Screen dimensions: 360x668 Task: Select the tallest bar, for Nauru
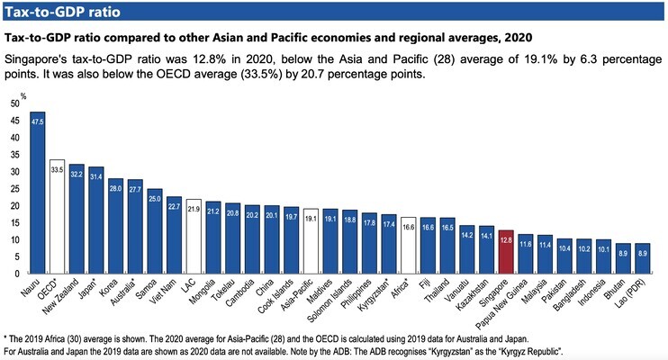point(37,193)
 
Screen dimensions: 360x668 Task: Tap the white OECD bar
point(57,217)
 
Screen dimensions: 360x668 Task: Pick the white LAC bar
point(194,237)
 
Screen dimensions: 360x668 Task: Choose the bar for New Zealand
point(77,219)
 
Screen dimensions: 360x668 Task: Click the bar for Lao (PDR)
point(642,258)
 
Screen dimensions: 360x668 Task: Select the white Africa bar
point(408,246)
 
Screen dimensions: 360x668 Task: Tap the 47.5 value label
point(37,120)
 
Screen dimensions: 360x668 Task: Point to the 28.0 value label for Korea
point(115,187)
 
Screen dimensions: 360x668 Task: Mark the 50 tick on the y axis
point(14,103)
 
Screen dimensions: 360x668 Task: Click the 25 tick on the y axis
point(14,188)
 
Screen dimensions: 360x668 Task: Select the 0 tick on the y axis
point(16,274)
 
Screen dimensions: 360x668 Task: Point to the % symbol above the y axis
point(24,93)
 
